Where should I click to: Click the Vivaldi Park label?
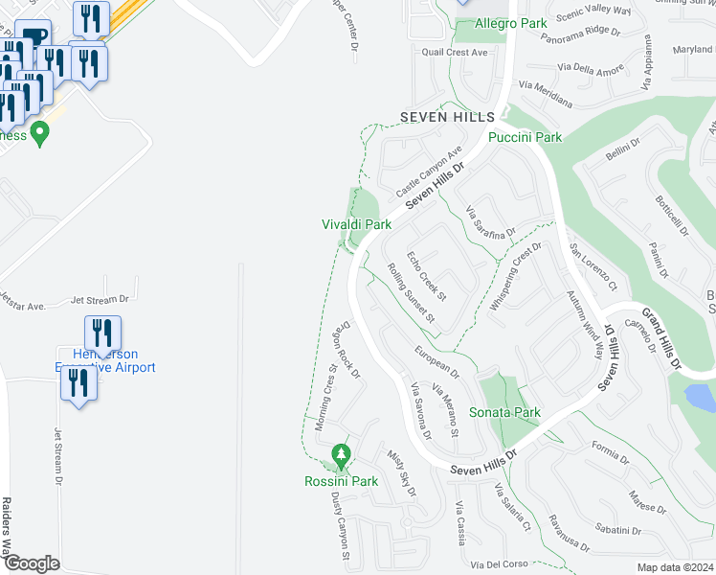point(356,224)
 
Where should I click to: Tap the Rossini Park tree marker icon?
point(340,453)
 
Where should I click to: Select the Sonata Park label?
point(504,413)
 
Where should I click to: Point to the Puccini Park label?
point(525,137)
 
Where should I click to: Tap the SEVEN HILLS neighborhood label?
point(446,116)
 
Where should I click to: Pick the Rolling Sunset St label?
point(412,293)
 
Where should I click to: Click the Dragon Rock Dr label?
point(346,349)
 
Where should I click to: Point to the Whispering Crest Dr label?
point(516,276)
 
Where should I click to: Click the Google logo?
point(31,563)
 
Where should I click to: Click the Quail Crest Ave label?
point(450,53)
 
